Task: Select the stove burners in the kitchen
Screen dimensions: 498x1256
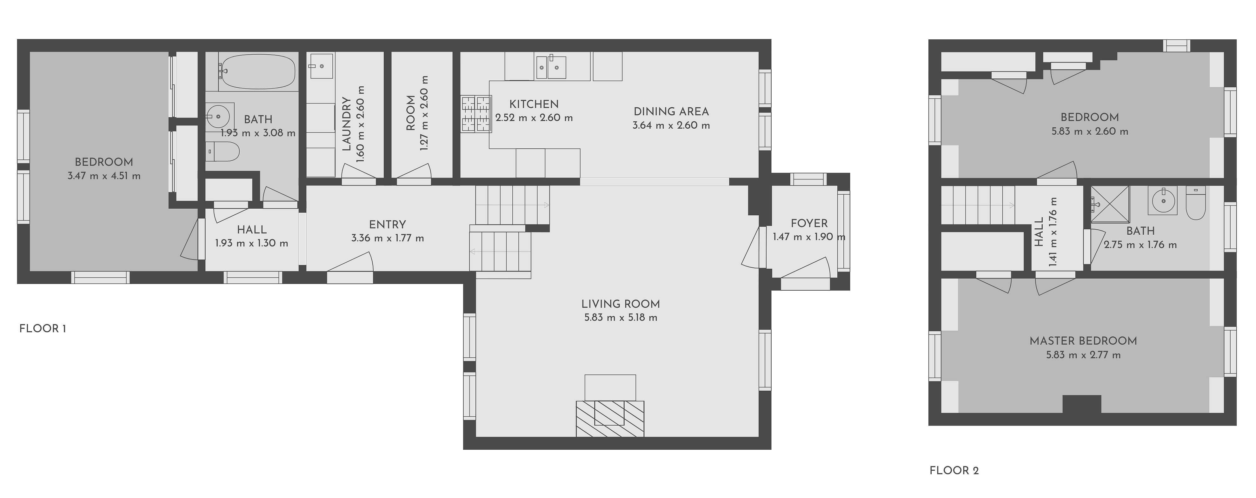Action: tap(475, 114)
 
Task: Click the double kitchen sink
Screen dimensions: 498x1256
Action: tap(550, 67)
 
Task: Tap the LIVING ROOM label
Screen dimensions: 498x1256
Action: tap(620, 304)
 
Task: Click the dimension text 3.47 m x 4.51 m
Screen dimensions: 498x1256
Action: tap(104, 176)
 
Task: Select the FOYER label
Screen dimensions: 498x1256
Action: tap(809, 223)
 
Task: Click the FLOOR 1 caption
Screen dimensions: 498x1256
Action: tap(43, 329)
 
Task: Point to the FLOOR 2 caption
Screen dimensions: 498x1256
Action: tap(954, 471)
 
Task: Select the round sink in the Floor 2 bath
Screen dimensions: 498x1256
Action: tap(1163, 200)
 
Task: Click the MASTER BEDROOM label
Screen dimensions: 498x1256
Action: tap(1083, 341)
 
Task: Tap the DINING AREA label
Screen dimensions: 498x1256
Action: tap(671, 112)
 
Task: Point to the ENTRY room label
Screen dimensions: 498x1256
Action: tap(387, 225)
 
